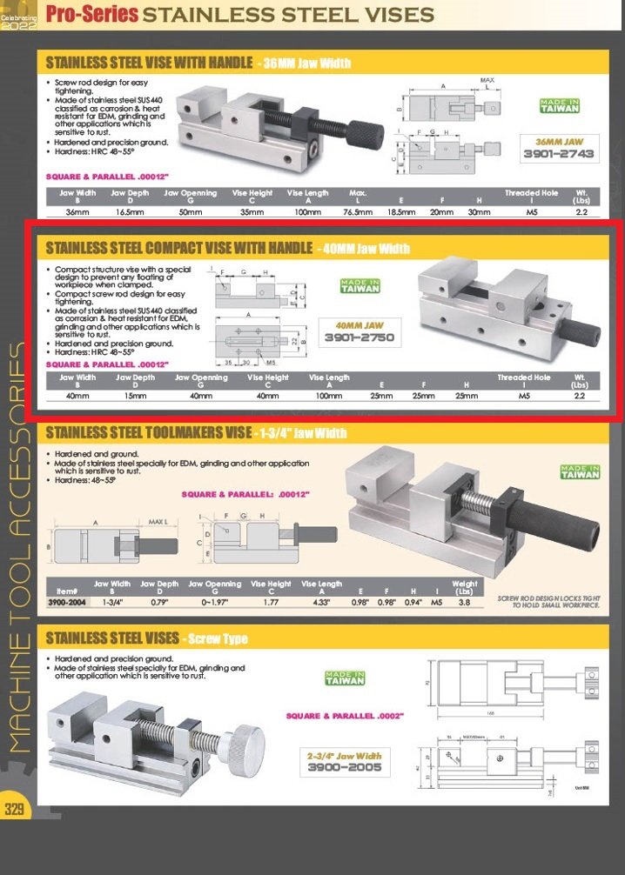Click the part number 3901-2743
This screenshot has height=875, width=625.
tap(558, 153)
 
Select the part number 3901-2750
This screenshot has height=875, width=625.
tap(360, 337)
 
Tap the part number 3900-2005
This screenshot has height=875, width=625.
tap(344, 768)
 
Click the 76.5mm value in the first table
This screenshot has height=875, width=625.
tap(358, 211)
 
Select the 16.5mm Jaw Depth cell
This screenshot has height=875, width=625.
tap(129, 211)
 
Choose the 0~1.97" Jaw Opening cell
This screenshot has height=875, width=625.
tap(214, 601)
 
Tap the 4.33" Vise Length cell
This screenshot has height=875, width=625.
tap(321, 601)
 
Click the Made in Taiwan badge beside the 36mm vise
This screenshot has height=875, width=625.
tap(559, 106)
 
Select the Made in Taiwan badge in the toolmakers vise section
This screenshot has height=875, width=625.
tap(580, 472)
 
